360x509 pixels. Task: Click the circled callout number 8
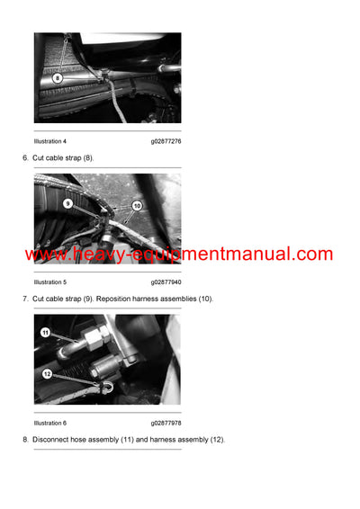point(57,78)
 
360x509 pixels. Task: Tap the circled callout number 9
point(67,203)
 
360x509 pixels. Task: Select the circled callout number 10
point(136,206)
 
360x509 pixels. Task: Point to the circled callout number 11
point(46,332)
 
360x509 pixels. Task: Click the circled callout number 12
point(47,373)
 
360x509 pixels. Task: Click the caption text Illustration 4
point(50,141)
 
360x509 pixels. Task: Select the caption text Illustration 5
point(50,281)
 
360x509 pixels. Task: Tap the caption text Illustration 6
point(50,423)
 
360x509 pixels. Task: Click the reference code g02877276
point(166,141)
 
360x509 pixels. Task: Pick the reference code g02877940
point(166,281)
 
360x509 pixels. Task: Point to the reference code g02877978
point(166,423)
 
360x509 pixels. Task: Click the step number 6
point(25,157)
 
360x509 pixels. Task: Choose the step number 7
point(25,298)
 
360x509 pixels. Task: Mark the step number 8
point(25,439)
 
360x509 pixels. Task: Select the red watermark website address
point(179,254)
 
